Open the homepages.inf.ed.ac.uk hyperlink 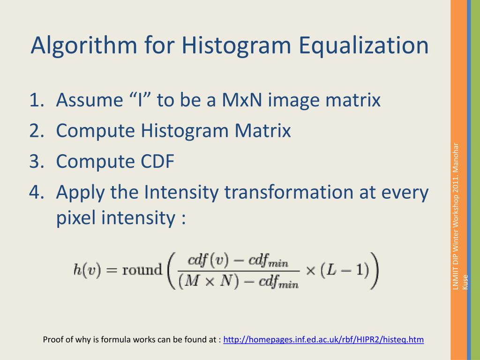pyautogui.click(x=323, y=340)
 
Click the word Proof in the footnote pyautogui.click(x=53, y=340)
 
